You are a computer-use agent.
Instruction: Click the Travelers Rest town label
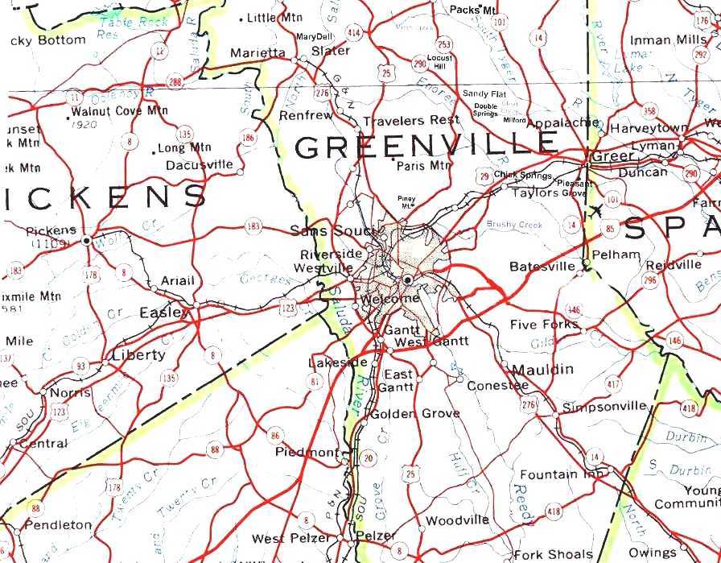pos(411,121)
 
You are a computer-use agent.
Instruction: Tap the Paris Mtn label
pos(424,165)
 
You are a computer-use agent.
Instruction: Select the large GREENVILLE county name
pos(426,145)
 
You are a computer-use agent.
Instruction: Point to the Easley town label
pos(165,313)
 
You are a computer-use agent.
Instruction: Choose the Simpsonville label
pos(604,406)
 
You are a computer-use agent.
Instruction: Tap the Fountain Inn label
pos(561,474)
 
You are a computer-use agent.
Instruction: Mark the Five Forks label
pos(544,325)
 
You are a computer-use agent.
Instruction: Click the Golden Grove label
pos(414,414)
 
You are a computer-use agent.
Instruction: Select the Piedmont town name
pos(307,452)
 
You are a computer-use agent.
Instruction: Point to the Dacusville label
pos(200,165)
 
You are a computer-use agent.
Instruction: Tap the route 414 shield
pos(354,32)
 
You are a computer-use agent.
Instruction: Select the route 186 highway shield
pos(249,139)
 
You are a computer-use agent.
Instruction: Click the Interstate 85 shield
pos(608,229)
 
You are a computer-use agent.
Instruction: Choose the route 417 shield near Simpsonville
pos(614,384)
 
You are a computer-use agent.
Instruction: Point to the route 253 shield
pos(444,44)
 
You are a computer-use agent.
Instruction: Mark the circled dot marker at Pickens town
pos(86,240)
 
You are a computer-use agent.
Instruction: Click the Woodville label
pos(456,520)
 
